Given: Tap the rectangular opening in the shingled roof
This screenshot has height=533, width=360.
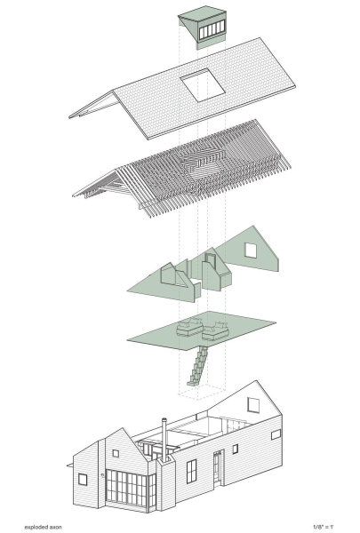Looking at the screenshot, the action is pyautogui.click(x=203, y=85).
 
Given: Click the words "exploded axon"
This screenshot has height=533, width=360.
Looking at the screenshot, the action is pyautogui.click(x=44, y=527).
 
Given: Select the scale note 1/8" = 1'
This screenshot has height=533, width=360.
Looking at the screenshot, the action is pyautogui.click(x=323, y=527).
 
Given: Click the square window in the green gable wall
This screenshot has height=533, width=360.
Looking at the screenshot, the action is pyautogui.click(x=251, y=251).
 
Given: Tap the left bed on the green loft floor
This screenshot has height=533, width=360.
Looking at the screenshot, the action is pyautogui.click(x=189, y=327).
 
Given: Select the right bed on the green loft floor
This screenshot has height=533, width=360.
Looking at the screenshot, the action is pyautogui.click(x=215, y=331).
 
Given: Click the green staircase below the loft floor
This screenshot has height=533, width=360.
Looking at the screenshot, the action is pyautogui.click(x=198, y=365).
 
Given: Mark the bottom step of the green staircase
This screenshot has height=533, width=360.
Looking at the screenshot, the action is pyautogui.click(x=192, y=383).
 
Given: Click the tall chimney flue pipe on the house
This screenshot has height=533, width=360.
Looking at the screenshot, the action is pyautogui.click(x=164, y=440).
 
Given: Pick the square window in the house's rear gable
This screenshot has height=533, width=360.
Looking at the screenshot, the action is pyautogui.click(x=253, y=405).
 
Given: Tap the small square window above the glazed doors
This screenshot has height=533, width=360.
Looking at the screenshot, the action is pyautogui.click(x=116, y=453).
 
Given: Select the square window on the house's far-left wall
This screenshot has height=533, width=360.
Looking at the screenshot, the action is pyautogui.click(x=83, y=480).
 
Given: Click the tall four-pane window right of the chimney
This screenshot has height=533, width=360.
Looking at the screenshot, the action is pyautogui.click(x=192, y=471).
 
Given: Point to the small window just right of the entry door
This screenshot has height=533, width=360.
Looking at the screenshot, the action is pyautogui.click(x=236, y=449).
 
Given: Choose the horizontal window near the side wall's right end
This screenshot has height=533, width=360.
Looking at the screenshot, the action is pyautogui.click(x=276, y=434).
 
